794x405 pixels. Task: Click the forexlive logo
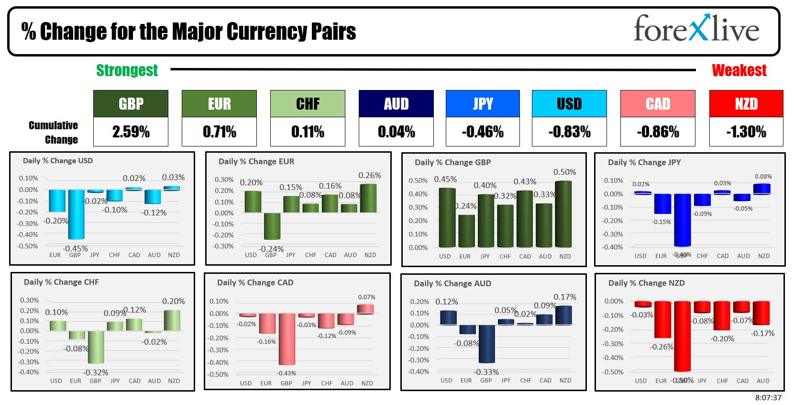pos(696,29)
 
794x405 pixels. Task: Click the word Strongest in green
pos(127,70)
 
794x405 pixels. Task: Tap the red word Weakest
pos(739,70)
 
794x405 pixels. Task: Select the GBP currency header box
pos(131,103)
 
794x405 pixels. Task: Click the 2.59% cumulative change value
pos(131,132)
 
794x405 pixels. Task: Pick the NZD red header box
pos(746,103)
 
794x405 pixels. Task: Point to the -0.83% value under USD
pos(569,132)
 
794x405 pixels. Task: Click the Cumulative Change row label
pos(53,132)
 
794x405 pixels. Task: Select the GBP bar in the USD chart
pos(76,214)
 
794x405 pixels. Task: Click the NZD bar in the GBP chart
pos(563,214)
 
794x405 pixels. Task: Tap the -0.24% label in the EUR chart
pos(271,249)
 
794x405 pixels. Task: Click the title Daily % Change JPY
pos(644,162)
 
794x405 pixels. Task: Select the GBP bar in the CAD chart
pos(287,338)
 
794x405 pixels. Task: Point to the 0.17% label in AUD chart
pos(564,297)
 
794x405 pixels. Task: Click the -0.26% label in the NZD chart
pos(662,347)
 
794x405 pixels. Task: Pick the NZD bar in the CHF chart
pos(172,320)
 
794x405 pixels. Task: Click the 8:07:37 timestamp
pos(768,397)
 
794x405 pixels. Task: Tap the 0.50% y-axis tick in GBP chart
pos(418,180)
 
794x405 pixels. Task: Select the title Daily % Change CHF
pos(61,282)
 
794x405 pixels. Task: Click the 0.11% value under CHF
pos(308,132)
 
